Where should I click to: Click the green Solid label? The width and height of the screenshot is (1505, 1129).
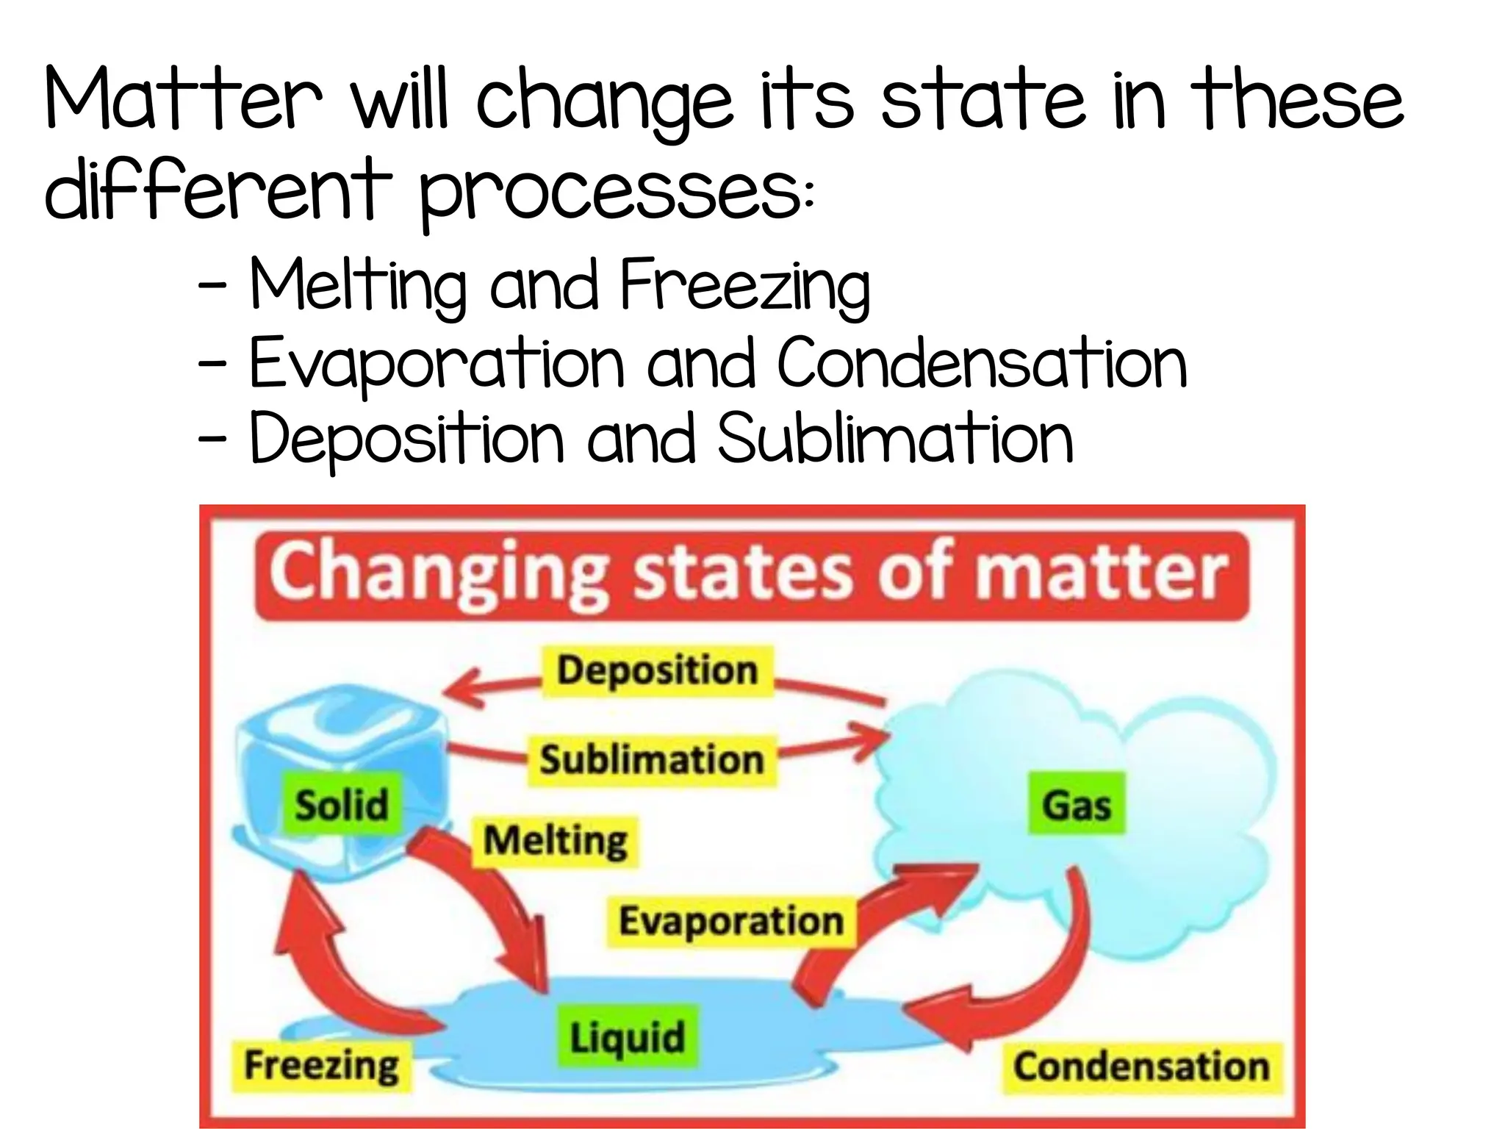pos(342,803)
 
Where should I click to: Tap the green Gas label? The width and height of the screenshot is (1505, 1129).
pos(1076,803)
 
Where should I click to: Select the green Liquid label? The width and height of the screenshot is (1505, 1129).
pos(627,1036)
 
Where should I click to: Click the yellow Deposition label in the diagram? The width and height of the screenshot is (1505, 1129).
pos(657,670)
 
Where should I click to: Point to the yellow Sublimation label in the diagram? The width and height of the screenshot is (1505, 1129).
pos(652,759)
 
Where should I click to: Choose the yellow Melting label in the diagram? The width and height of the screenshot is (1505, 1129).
pos(555,841)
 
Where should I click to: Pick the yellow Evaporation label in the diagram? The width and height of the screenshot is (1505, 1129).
pos(730,921)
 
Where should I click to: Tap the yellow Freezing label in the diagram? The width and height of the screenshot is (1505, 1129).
pos(321,1066)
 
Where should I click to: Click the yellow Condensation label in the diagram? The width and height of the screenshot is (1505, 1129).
pos(1141,1067)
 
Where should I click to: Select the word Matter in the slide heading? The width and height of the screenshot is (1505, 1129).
pos(184,99)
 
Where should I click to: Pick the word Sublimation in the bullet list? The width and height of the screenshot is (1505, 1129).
pos(895,439)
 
